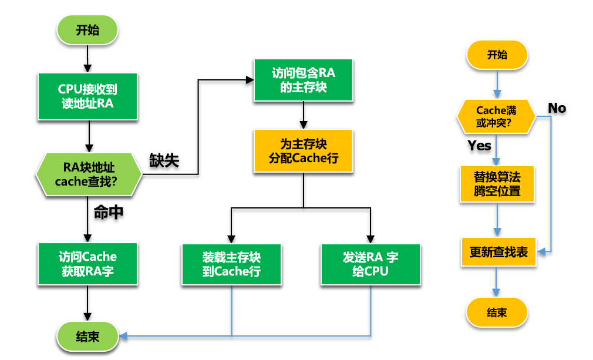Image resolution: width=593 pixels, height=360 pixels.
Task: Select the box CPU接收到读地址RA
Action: click(x=87, y=97)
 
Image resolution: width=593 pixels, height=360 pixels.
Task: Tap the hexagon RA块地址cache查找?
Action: click(x=88, y=174)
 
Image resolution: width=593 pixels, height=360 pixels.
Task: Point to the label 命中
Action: click(x=109, y=213)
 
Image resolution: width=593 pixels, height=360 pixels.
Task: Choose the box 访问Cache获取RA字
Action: click(x=87, y=264)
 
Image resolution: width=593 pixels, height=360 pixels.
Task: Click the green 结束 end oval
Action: click(x=87, y=337)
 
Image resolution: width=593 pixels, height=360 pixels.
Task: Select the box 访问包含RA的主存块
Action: click(x=303, y=80)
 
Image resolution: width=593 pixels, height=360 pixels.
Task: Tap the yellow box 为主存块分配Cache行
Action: click(x=303, y=152)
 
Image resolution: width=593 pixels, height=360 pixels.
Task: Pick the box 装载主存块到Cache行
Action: click(x=231, y=264)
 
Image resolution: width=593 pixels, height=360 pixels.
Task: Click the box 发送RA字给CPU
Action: click(x=371, y=264)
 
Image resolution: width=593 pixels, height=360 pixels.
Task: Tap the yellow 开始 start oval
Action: click(x=497, y=55)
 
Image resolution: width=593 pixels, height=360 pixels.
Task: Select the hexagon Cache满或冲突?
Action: click(x=496, y=116)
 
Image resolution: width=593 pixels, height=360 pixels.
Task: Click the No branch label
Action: click(x=557, y=108)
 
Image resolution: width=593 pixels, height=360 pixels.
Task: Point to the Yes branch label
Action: click(x=479, y=145)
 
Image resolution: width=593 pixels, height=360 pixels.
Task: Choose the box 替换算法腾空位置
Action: click(x=497, y=184)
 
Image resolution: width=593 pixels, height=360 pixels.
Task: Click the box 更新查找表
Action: click(x=498, y=253)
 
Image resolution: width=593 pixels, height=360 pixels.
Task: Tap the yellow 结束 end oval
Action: click(x=497, y=312)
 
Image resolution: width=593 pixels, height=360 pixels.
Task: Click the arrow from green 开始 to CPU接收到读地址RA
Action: click(x=87, y=58)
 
